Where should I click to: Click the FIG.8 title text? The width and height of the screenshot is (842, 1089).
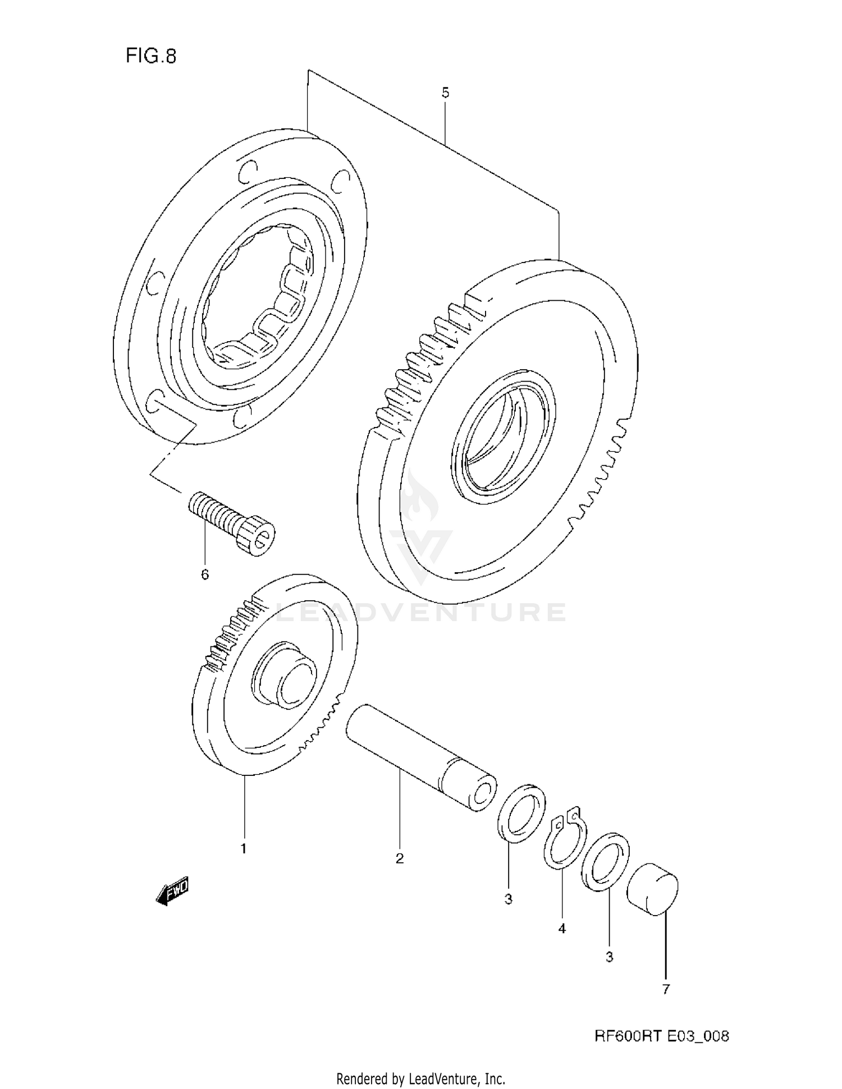tap(150, 56)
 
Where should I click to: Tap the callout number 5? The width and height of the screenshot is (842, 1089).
tap(445, 93)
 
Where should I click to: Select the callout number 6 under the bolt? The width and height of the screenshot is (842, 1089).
tap(205, 574)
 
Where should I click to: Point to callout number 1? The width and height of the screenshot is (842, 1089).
tap(244, 849)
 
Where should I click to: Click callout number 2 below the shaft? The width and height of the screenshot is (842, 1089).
tap(400, 858)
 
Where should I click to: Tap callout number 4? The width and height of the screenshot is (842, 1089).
tap(562, 929)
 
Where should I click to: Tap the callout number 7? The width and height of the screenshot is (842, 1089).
tap(666, 989)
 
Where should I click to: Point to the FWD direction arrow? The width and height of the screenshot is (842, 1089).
tap(173, 890)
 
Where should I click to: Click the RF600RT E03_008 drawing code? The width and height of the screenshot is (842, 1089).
tap(661, 1036)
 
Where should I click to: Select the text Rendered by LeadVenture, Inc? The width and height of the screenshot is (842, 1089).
tap(420, 1078)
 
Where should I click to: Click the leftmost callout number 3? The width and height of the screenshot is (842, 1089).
tap(508, 899)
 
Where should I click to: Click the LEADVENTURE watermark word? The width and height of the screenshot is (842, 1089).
tap(421, 612)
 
